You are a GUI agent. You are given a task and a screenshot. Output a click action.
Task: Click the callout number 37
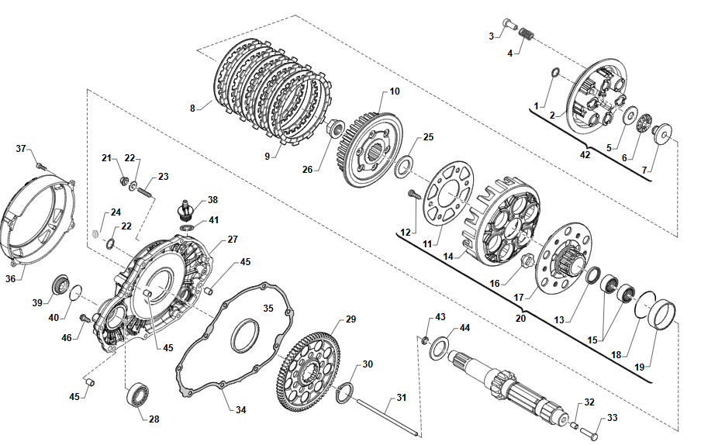click(21, 148)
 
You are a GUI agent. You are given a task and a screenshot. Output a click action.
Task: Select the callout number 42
click(585, 155)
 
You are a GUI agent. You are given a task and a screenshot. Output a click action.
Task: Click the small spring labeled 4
click(527, 34)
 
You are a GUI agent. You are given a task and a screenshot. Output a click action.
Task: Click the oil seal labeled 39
click(60, 285)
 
